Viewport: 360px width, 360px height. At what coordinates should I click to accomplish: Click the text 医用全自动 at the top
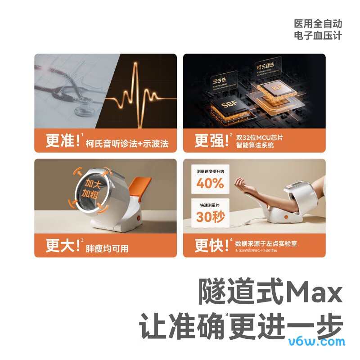click(x=318, y=23)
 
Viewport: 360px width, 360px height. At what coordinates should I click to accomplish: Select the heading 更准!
click(x=63, y=141)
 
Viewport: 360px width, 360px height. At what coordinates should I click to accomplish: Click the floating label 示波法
click(x=219, y=80)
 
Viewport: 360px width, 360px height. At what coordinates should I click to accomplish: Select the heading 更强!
click(x=212, y=141)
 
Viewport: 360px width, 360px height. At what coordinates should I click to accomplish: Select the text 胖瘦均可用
click(x=107, y=248)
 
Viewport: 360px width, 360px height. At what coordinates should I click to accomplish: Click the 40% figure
click(x=210, y=183)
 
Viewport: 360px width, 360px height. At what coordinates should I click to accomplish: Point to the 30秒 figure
click(x=210, y=216)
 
